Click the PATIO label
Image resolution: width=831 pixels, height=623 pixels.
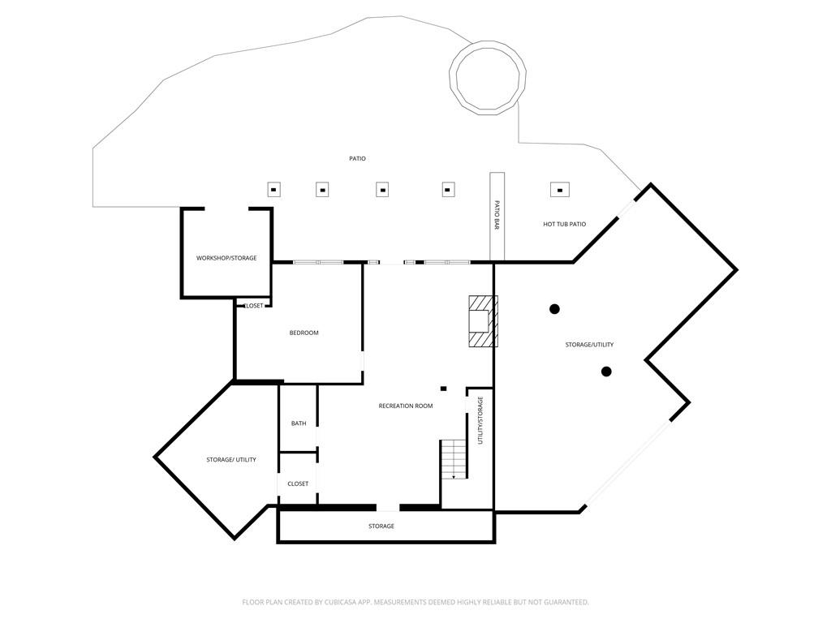[x=357, y=158]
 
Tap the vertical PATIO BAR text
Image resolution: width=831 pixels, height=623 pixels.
[x=497, y=215]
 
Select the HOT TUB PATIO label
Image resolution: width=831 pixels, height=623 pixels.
[x=564, y=224]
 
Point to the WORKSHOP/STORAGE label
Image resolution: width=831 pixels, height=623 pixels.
[x=226, y=258]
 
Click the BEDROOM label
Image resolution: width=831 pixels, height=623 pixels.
[x=304, y=333]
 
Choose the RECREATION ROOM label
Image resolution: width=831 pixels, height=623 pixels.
[x=406, y=406]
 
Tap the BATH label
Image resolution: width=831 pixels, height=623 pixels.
[x=299, y=423]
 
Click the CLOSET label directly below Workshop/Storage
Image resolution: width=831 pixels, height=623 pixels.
[x=254, y=306]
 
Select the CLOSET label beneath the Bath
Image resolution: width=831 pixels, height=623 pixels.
[x=298, y=483]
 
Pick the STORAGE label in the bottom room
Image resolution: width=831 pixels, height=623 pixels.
[x=381, y=526]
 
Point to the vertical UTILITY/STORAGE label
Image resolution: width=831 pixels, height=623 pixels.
[x=480, y=420]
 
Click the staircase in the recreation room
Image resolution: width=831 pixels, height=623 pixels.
[x=454, y=459]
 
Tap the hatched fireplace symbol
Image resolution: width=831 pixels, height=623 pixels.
[x=482, y=321]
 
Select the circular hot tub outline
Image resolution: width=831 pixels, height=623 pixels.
[x=488, y=76]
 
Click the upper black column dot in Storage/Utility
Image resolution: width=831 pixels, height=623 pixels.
[x=554, y=308]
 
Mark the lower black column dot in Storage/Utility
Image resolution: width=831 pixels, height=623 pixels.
[x=606, y=372]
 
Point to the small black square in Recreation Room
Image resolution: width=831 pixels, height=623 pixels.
[x=443, y=389]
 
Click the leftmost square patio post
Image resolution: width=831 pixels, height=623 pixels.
[x=273, y=190]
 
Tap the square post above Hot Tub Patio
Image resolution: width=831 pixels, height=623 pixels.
[x=559, y=190]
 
